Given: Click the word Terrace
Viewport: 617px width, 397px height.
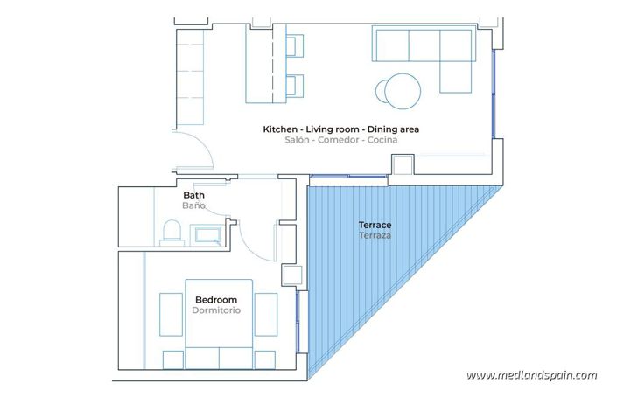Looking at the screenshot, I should tap(375, 226).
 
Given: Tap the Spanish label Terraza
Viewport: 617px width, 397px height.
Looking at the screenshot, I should tap(375, 237).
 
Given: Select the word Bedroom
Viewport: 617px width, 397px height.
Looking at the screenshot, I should tap(215, 299).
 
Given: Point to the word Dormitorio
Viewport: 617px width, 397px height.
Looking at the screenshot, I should tap(215, 310).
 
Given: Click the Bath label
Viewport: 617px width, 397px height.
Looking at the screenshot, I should tap(193, 195).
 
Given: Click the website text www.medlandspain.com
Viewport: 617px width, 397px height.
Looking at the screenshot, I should tap(531, 375).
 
